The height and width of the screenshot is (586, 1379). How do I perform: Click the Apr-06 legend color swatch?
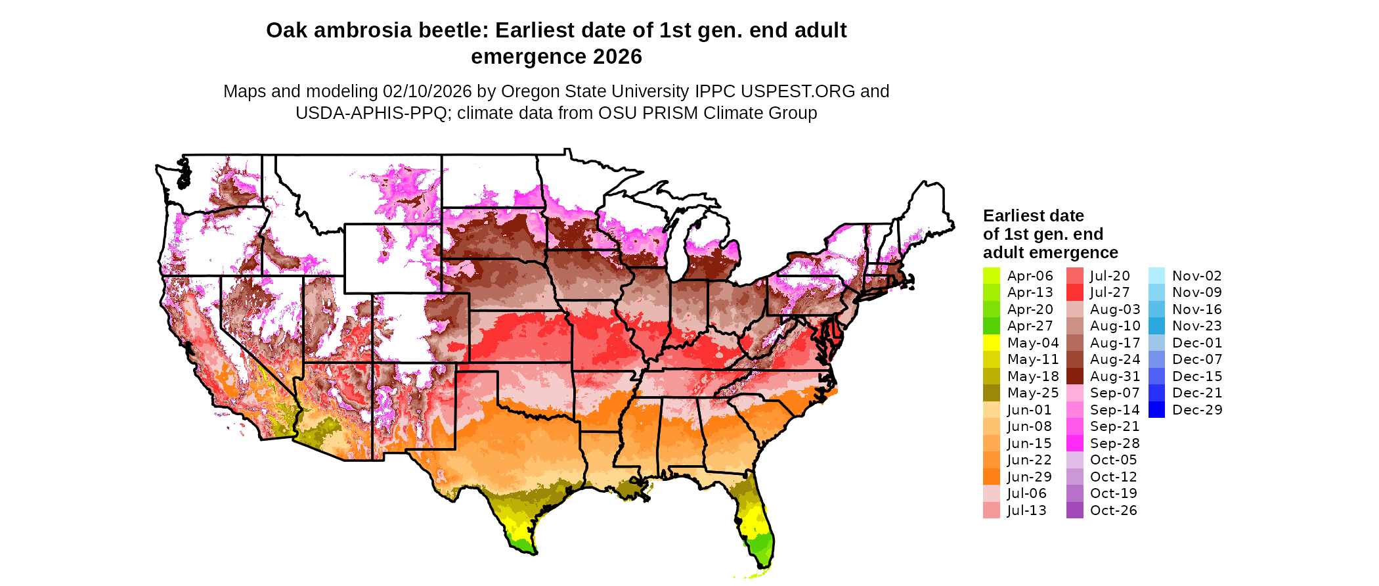tap(991, 276)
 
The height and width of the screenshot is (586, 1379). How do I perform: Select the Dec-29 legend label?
tap(1197, 410)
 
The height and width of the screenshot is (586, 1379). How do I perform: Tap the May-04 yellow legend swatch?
tap(991, 343)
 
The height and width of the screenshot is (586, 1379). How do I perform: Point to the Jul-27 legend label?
tap(1110, 292)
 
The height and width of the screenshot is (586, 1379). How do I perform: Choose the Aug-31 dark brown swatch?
tap(1074, 376)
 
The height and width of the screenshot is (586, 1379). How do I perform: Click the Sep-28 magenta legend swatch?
tap(1074, 443)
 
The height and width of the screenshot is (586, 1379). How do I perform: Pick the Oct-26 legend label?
tap(1113, 510)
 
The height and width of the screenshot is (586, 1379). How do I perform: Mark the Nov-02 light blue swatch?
tap(1157, 276)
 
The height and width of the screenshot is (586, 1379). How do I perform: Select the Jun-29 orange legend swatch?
tap(991, 477)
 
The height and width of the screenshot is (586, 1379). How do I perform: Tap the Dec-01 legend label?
tap(1197, 343)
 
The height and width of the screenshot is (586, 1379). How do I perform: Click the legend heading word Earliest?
tap(1015, 216)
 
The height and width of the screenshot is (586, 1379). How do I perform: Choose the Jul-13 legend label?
tap(1026, 510)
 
